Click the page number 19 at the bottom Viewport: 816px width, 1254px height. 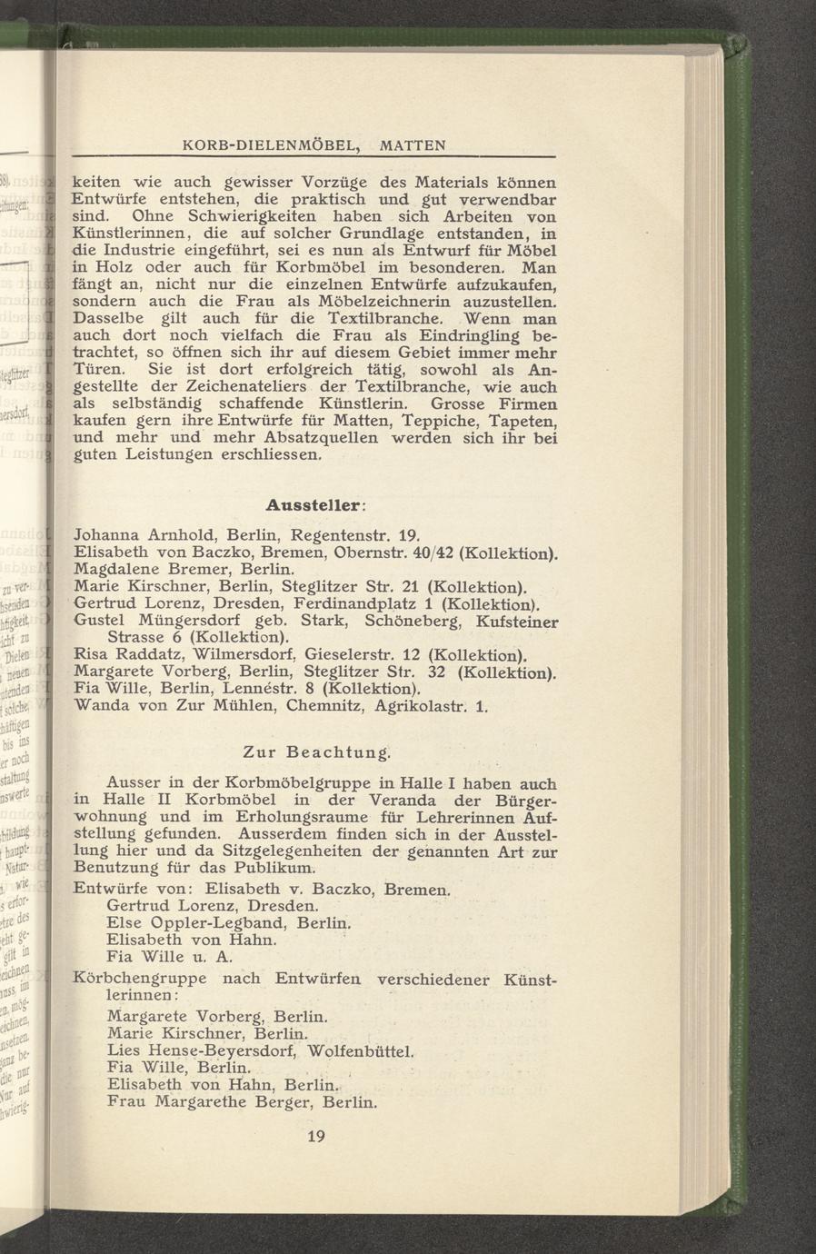tap(316, 1136)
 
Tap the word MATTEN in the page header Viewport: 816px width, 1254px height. tap(413, 145)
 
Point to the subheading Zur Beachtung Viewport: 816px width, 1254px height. tap(317, 752)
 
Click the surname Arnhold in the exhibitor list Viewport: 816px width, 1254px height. tap(181, 534)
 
